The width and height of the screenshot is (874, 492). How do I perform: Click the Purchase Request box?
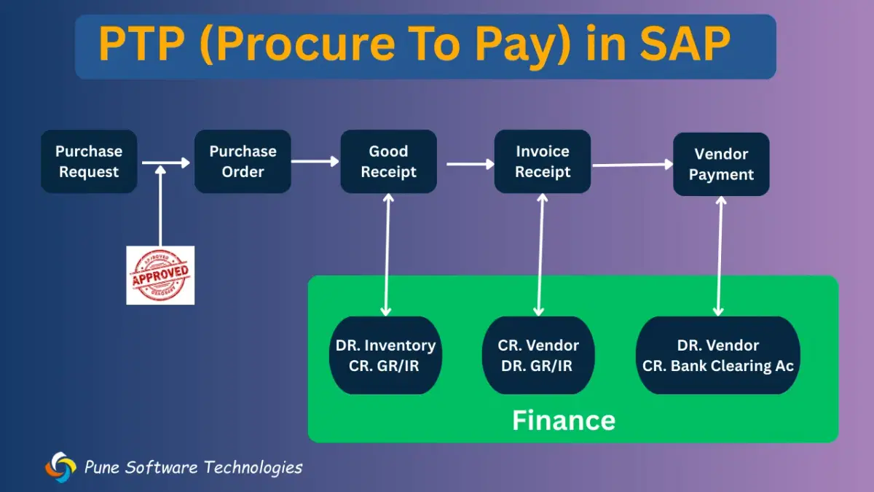pos(89,162)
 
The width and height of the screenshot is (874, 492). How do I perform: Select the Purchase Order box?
pos(243,162)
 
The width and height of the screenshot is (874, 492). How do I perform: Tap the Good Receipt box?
pos(388,162)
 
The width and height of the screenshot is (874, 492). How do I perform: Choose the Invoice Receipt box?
pos(543,162)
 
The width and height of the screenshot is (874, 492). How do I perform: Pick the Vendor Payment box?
pos(721,164)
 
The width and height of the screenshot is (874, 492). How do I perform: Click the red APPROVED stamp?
pos(160,275)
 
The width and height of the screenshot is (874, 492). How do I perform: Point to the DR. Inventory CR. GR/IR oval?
pos(385,356)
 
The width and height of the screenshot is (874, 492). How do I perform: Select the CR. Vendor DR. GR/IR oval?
pos(538,356)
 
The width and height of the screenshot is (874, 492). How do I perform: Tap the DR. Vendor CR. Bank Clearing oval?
pos(718,356)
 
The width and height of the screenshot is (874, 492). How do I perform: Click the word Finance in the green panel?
pos(564,421)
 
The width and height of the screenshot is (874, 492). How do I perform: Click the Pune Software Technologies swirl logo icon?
pos(60,467)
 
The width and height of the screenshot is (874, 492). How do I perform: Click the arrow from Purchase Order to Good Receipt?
pos(315,162)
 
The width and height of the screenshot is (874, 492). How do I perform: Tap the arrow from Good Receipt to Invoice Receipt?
pos(470,164)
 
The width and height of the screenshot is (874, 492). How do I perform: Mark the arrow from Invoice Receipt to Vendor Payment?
pos(632,165)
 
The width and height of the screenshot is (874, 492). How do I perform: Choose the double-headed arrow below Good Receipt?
pos(387,255)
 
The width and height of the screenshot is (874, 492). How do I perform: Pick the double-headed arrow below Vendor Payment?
pos(720,255)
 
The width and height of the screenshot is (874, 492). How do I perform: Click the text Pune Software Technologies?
pos(193,467)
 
